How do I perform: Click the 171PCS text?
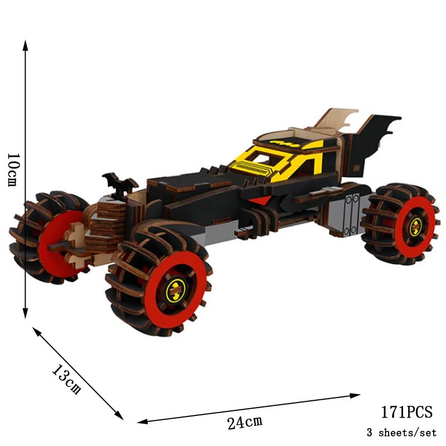(x=406, y=412)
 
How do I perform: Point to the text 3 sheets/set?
(x=401, y=432)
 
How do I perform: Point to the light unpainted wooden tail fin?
(x=334, y=120)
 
